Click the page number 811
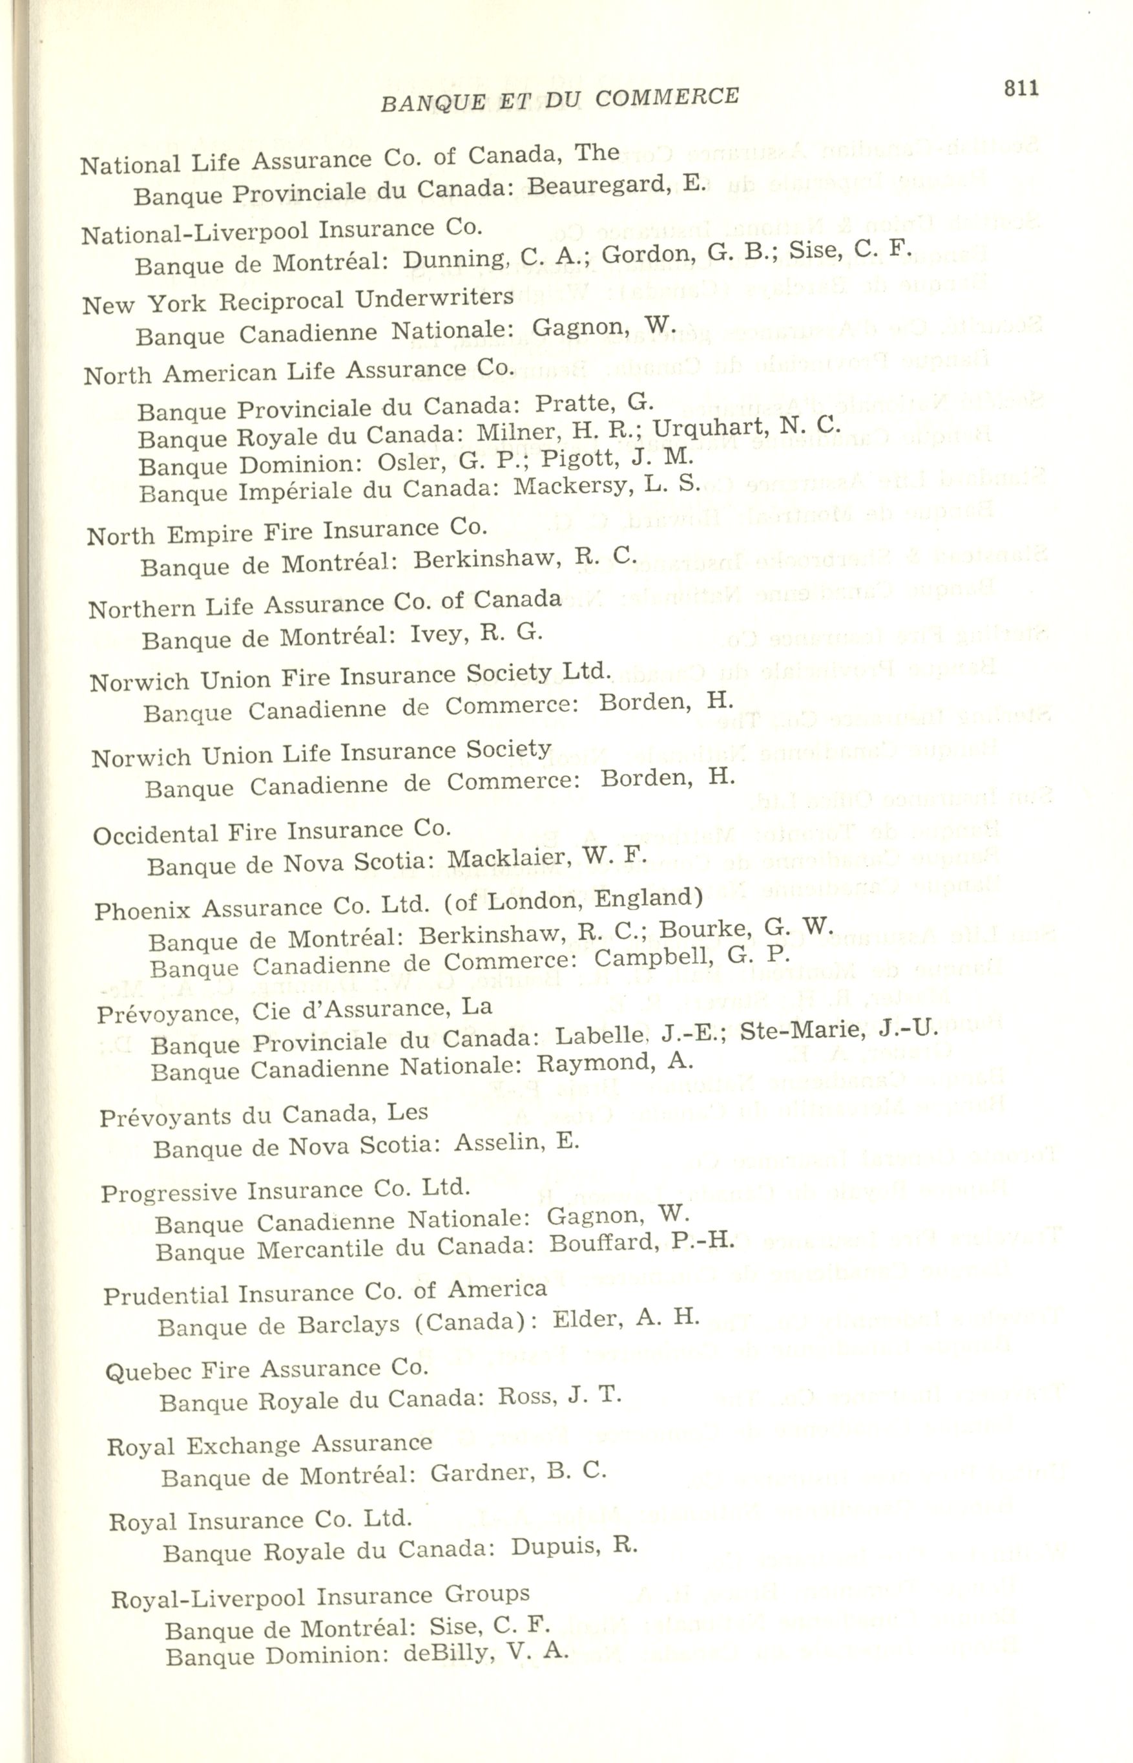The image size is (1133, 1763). click(x=1021, y=89)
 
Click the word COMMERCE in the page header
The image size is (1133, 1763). click(x=667, y=97)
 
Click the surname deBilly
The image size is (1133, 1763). click(x=446, y=1655)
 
